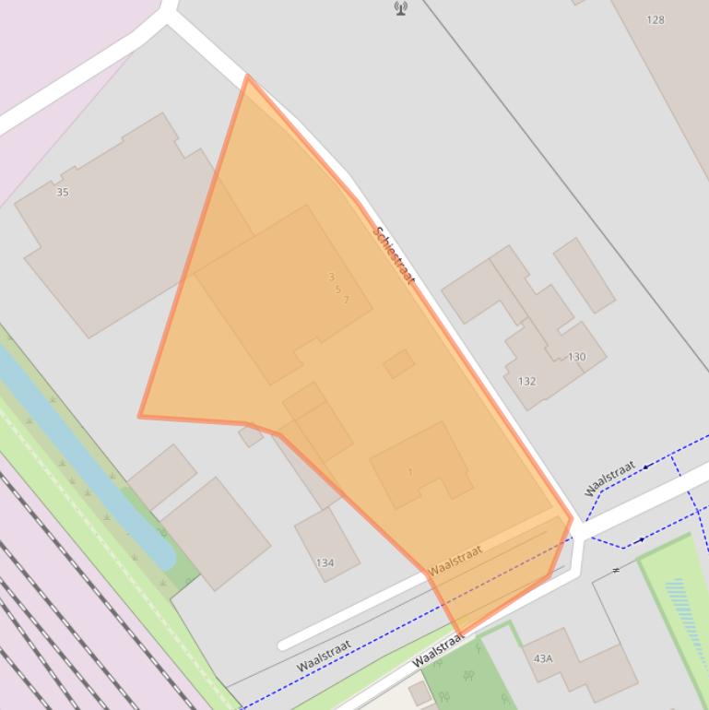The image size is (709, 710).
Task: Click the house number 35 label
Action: pyautogui.click(x=63, y=193)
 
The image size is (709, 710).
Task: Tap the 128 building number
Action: pyautogui.click(x=656, y=19)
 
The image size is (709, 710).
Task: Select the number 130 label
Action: pyautogui.click(x=576, y=357)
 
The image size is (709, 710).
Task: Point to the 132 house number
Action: pyautogui.click(x=526, y=381)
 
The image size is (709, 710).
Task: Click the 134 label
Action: pyautogui.click(x=325, y=562)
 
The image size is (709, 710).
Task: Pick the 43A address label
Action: pyautogui.click(x=543, y=658)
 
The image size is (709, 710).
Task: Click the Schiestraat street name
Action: pyautogui.click(x=395, y=254)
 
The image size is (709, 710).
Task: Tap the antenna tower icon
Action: pyautogui.click(x=401, y=8)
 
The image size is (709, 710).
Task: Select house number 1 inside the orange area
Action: pyautogui.click(x=410, y=472)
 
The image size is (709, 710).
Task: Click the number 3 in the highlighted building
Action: pyautogui.click(x=332, y=277)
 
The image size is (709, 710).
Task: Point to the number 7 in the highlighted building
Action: pyautogui.click(x=346, y=300)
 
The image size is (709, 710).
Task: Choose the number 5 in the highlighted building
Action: pyautogui.click(x=338, y=289)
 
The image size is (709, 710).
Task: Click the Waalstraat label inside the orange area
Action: pyautogui.click(x=455, y=559)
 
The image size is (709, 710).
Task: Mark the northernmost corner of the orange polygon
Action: pyautogui.click(x=247, y=77)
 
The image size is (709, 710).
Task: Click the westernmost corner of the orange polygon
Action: pyautogui.click(x=140, y=416)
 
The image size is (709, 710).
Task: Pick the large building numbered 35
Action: pyautogui.click(x=120, y=231)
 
